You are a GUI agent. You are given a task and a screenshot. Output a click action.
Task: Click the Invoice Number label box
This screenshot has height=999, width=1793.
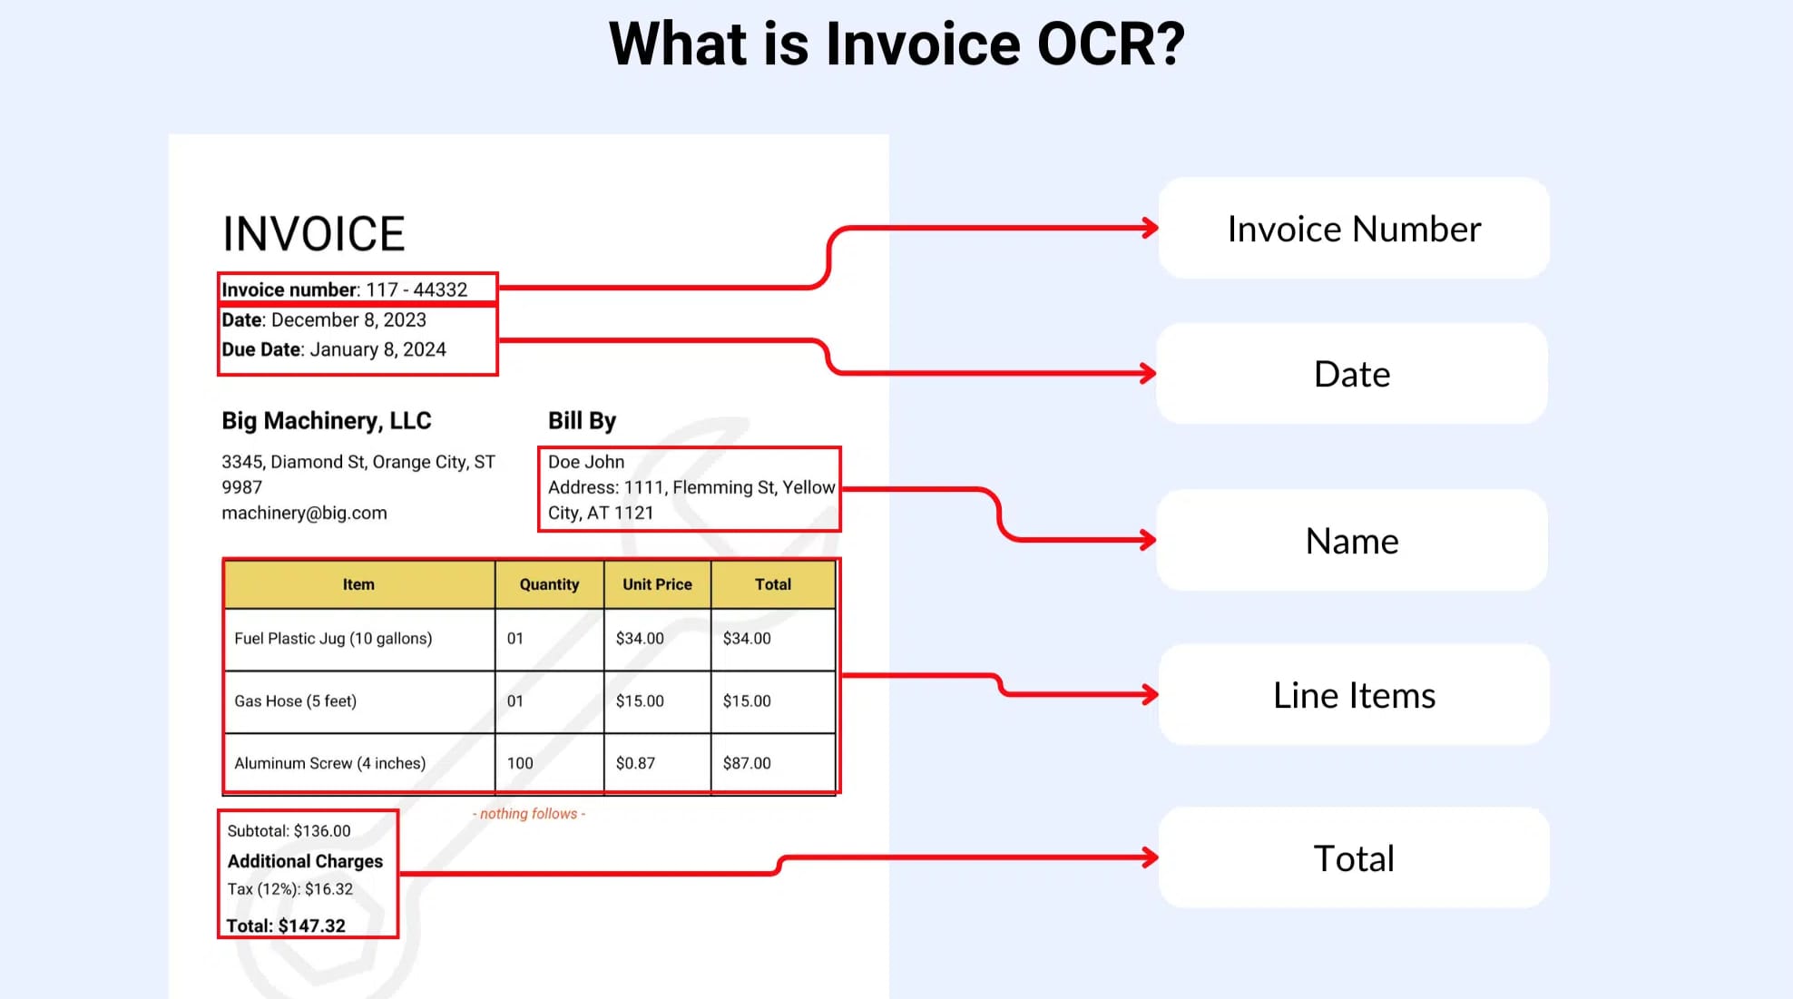pyautogui.click(x=1353, y=229)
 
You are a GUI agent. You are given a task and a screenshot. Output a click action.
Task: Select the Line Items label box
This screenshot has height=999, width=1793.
pyautogui.click(x=1353, y=695)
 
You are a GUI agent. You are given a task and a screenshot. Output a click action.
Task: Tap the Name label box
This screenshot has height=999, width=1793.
pyautogui.click(x=1351, y=541)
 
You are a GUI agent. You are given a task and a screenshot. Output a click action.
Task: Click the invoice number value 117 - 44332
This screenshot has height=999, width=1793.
pyautogui.click(x=416, y=289)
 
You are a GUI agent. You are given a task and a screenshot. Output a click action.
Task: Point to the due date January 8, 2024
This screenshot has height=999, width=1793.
pyautogui.click(x=377, y=349)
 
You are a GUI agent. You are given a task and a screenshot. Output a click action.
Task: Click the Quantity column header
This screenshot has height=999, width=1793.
pyautogui.click(x=549, y=584)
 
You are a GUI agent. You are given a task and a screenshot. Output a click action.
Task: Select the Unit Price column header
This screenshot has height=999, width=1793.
pyautogui.click(x=657, y=584)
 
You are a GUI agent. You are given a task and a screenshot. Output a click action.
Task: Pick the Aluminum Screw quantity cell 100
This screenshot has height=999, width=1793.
pyautogui.click(x=520, y=763)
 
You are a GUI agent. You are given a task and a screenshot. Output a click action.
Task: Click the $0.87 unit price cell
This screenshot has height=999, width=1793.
pyautogui.click(x=635, y=763)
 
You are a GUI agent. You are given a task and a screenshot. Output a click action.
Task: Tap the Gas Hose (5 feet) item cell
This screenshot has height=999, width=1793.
pyautogui.click(x=295, y=700)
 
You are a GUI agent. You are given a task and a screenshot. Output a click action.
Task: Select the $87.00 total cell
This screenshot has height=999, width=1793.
pyautogui.click(x=747, y=763)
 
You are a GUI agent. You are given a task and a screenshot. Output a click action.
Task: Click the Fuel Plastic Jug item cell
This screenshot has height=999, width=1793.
pyautogui.click(x=333, y=638)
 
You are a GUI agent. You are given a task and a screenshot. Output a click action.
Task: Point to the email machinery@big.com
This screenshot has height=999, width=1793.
pyautogui.click(x=304, y=513)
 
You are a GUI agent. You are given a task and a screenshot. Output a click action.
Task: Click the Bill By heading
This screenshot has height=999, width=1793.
pyautogui.click(x=582, y=421)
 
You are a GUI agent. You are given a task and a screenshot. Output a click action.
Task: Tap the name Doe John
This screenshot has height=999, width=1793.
pyautogui.click(x=586, y=462)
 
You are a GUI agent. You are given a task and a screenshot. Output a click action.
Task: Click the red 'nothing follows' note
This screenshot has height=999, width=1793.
pyautogui.click(x=529, y=814)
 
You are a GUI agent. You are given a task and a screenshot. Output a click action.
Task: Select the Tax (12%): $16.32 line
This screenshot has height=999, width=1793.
pyautogui.click(x=289, y=889)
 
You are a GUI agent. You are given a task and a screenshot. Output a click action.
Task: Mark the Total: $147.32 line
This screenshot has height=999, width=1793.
pyautogui.click(x=286, y=926)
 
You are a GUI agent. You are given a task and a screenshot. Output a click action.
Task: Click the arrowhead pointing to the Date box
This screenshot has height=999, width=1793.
pyautogui.click(x=1149, y=373)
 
